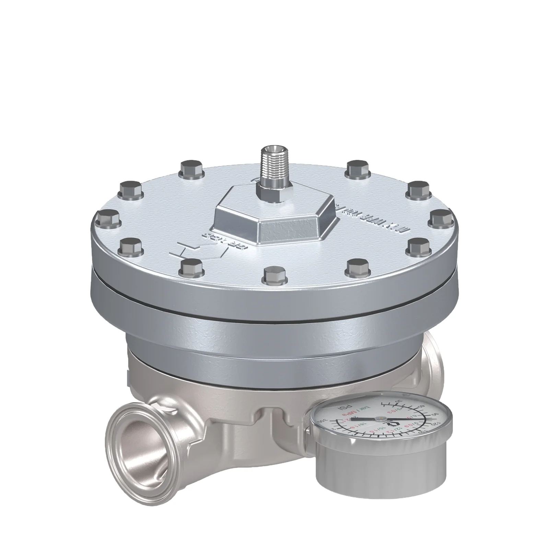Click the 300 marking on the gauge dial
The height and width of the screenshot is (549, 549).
click(322, 421)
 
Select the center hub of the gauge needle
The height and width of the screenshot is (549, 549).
click(381, 419)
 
